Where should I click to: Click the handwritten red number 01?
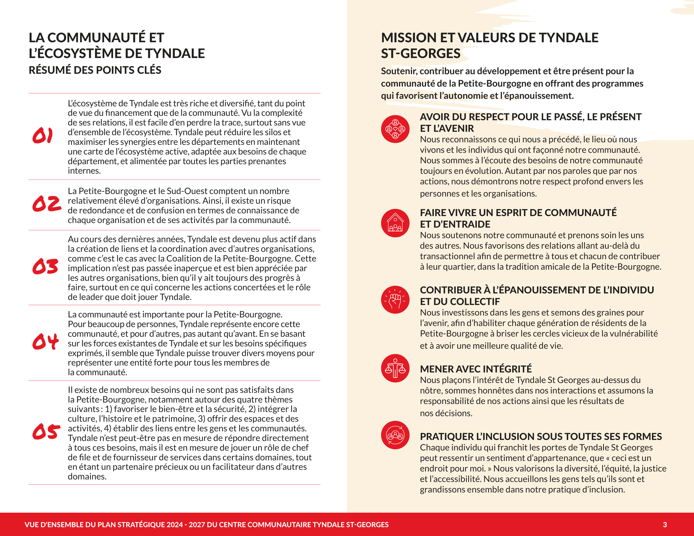point(42,136)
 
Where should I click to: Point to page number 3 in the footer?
point(665,525)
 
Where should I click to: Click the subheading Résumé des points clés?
point(95,70)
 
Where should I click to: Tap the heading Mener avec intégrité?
point(476,369)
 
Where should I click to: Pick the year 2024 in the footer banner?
point(175,525)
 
